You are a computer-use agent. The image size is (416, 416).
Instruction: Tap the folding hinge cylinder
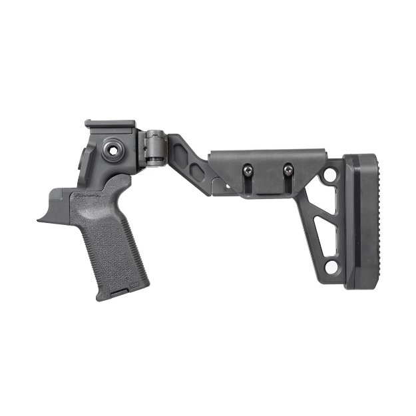click(x=155, y=147)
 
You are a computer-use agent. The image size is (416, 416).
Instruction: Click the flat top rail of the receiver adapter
click(x=110, y=124)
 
